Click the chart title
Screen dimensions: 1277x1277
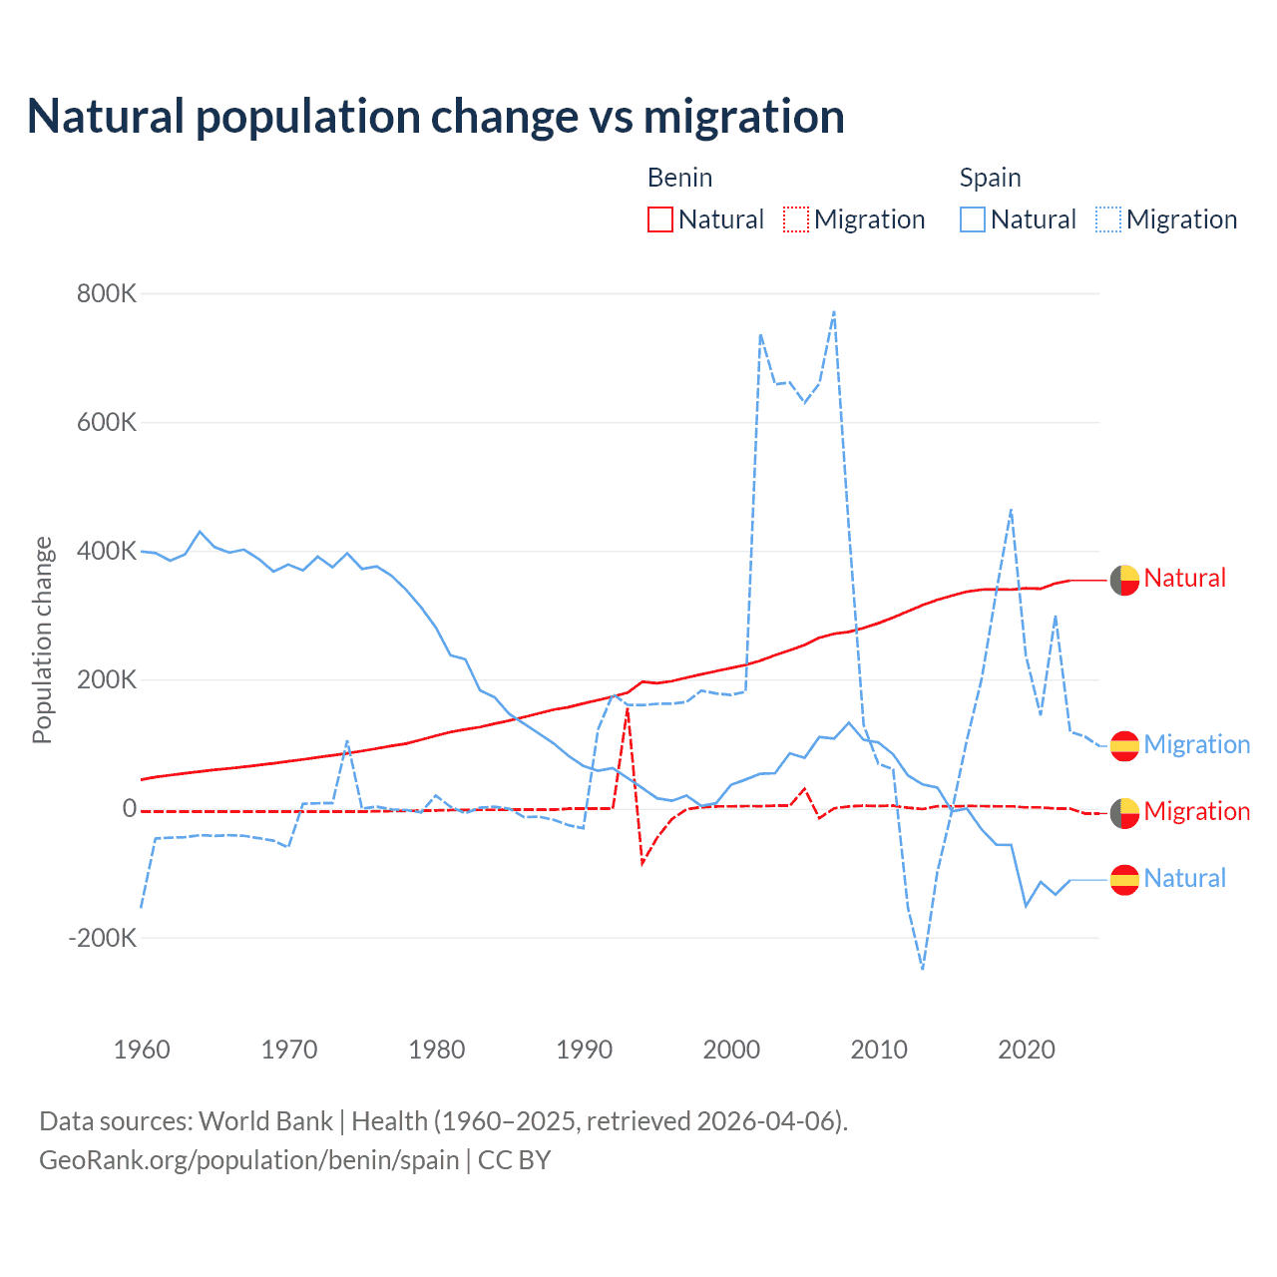coord(436,117)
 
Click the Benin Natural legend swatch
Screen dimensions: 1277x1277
coord(660,219)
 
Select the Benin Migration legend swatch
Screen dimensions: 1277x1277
coord(796,219)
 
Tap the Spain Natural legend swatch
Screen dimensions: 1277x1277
coord(973,219)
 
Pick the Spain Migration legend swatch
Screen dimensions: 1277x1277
coord(1108,219)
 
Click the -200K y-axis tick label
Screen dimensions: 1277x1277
coord(102,938)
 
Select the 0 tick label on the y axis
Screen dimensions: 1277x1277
coord(129,809)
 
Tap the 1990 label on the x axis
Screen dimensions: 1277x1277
coord(585,1050)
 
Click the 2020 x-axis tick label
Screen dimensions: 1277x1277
coord(1027,1050)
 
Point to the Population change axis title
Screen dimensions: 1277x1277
coord(42,639)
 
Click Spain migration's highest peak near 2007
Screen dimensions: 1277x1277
coord(834,312)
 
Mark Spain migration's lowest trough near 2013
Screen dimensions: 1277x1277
coord(923,968)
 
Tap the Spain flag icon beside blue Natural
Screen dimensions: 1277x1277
coord(1124,879)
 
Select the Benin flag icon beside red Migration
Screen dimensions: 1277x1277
coord(1124,813)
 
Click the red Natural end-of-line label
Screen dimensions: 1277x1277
coord(1184,579)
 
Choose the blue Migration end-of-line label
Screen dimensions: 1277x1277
coord(1196,745)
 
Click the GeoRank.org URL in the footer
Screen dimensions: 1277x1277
coord(248,1160)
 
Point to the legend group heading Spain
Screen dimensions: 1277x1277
coord(990,178)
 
